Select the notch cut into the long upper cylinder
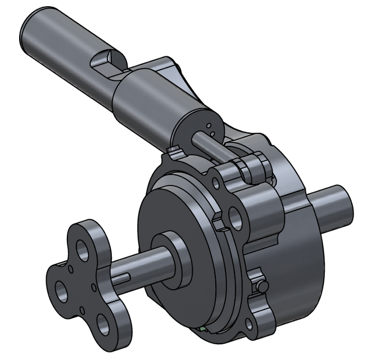(x=107, y=58)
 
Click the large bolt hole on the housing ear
(x=237, y=219)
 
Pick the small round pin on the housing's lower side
(x=261, y=286)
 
